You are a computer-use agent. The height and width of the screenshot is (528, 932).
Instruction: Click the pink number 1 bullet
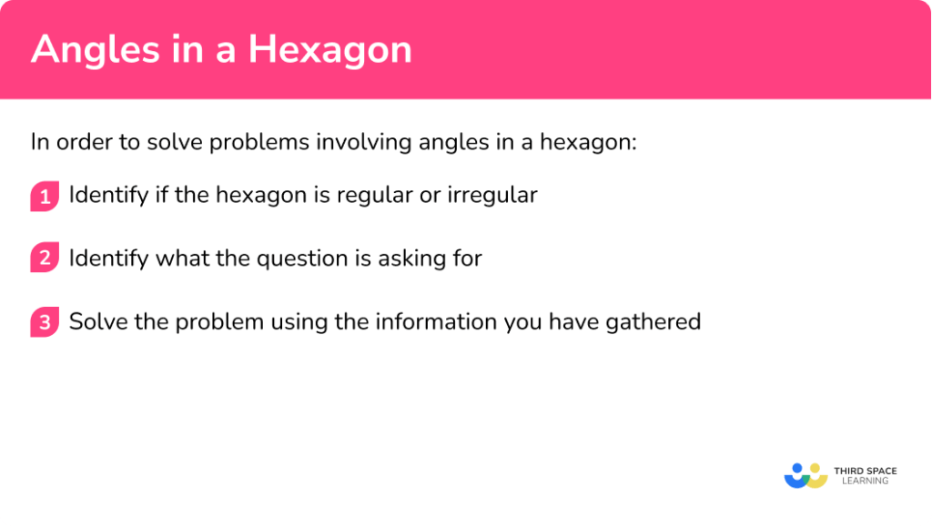(44, 196)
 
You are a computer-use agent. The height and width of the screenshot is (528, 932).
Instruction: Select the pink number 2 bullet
(44, 259)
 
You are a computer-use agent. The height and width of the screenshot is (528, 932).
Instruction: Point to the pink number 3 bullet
(44, 323)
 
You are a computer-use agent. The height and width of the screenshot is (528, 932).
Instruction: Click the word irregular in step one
(492, 195)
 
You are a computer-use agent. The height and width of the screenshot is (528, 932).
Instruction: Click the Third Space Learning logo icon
(805, 475)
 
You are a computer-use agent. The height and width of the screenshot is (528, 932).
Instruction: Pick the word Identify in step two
(108, 259)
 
